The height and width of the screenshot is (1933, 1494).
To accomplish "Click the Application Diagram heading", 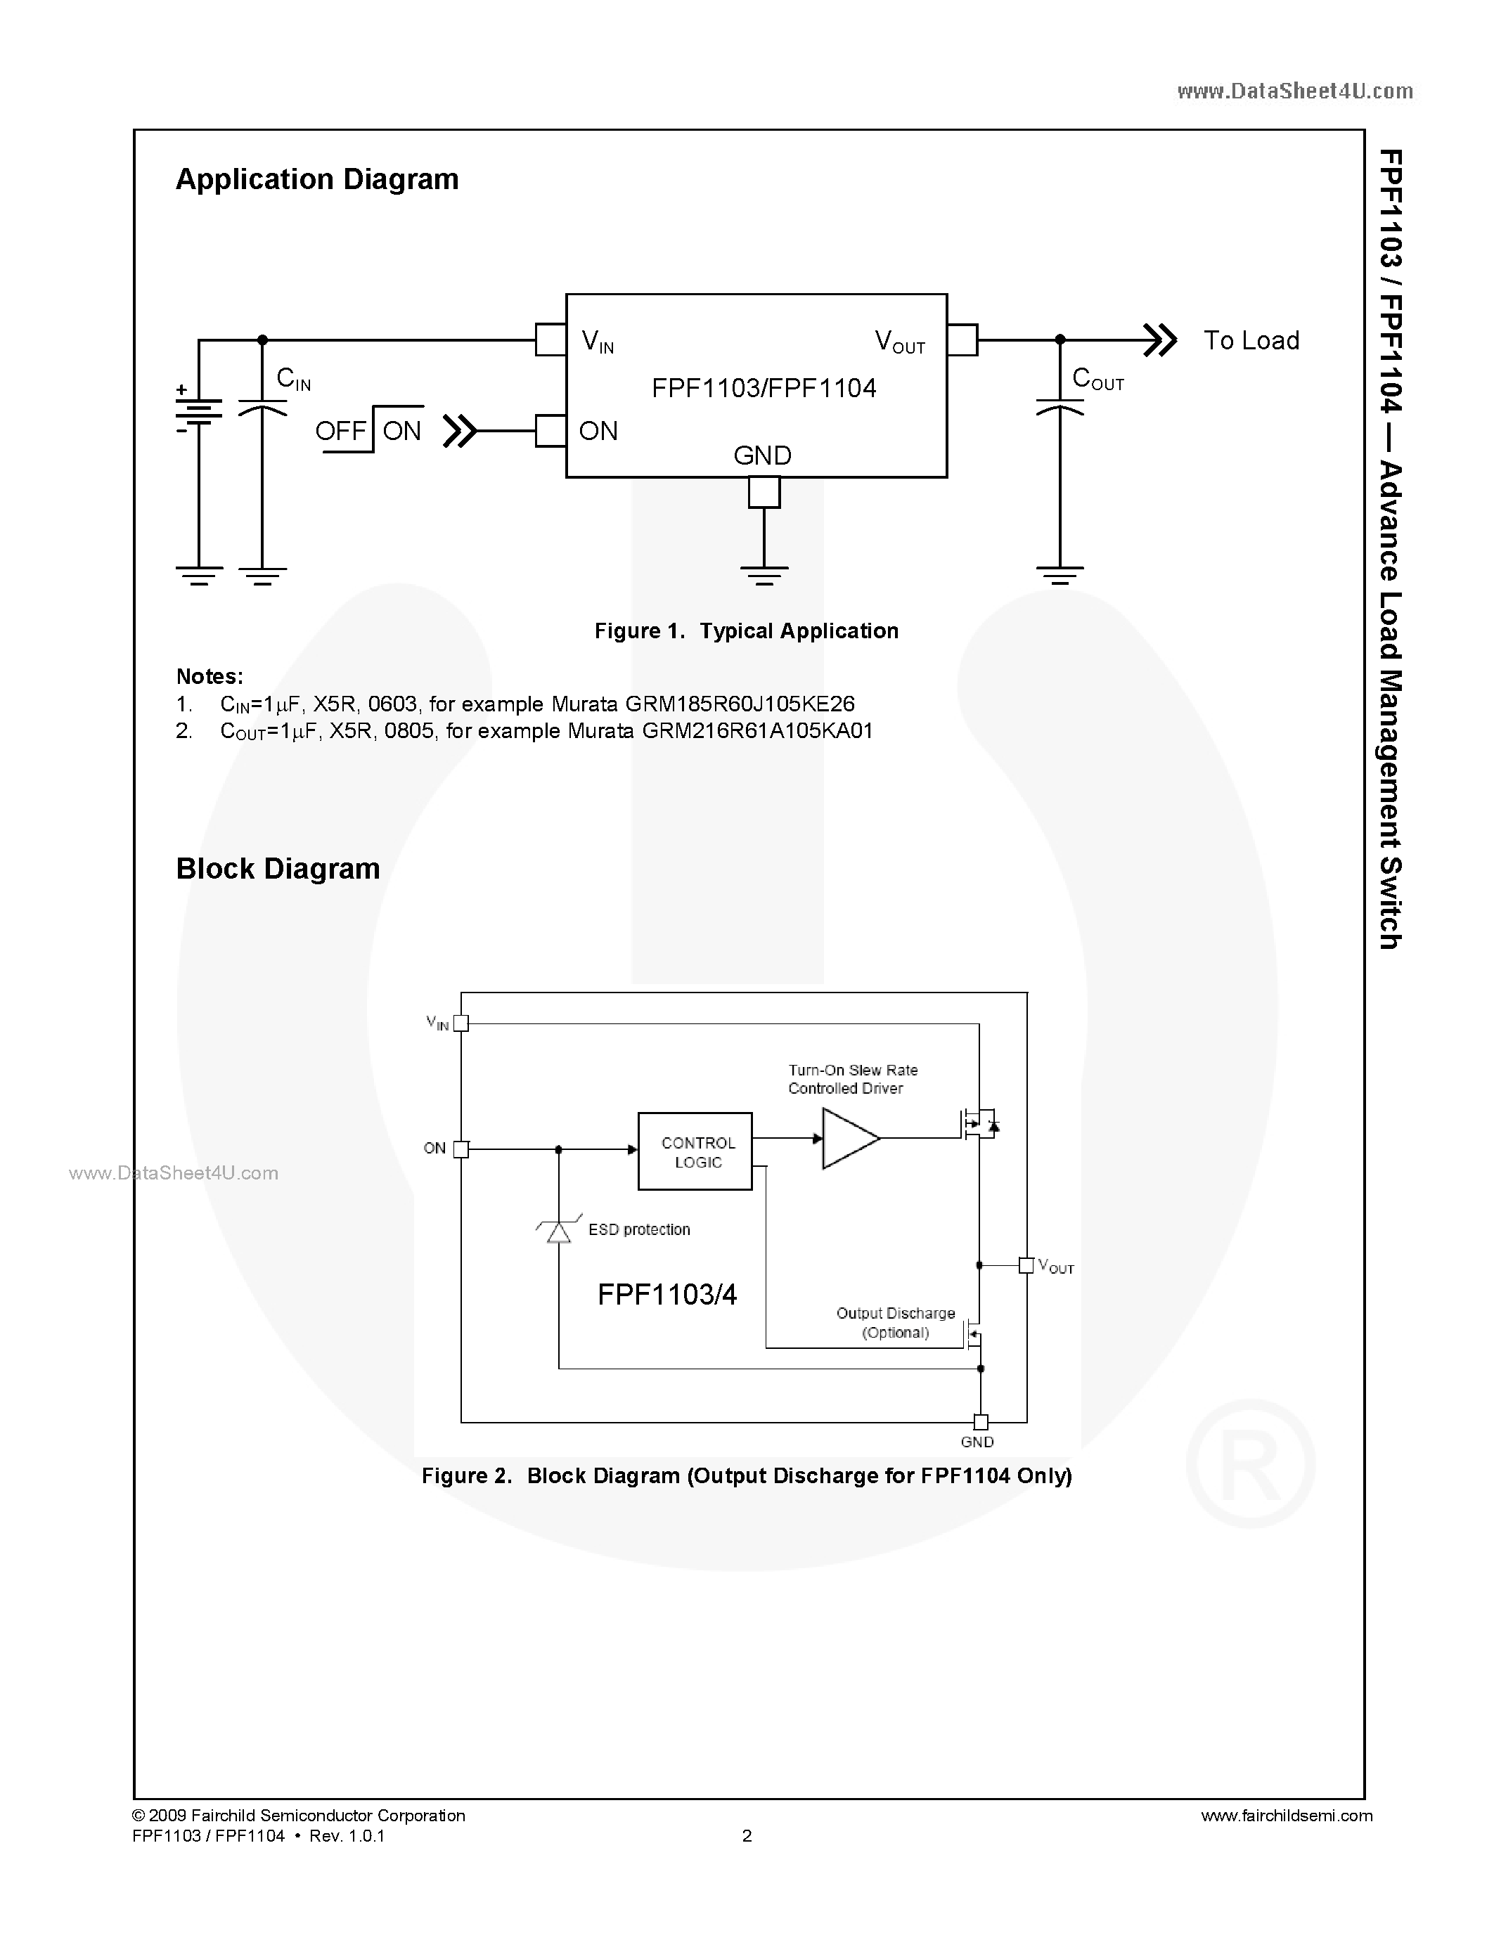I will pos(317,180).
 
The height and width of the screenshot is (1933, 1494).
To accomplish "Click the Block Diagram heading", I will pos(278,868).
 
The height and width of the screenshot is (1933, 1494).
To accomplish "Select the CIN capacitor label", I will pos(293,380).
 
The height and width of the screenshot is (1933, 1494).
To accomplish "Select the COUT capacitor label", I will pos(1097,380).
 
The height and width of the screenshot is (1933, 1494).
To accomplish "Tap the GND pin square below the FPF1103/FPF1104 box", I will pos(764,492).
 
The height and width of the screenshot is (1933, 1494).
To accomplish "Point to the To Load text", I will pos(1251,341).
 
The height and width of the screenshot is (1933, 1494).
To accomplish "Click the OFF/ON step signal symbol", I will pos(369,430).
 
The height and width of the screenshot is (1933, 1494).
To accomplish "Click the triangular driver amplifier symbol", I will pos(848,1139).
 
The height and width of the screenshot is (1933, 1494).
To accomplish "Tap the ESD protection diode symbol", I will pos(558,1230).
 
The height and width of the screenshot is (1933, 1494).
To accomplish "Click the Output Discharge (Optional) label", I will pos(895,1322).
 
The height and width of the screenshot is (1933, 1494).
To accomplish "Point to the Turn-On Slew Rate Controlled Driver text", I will pos(852,1079).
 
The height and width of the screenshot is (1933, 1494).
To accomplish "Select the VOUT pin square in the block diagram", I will pos(1026,1266).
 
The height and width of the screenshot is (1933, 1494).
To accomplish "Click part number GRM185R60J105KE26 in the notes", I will pos(740,704).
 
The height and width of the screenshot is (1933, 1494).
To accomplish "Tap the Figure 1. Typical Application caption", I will pos(746,631).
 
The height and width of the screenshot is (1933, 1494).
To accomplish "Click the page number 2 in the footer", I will pos(747,1835).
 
